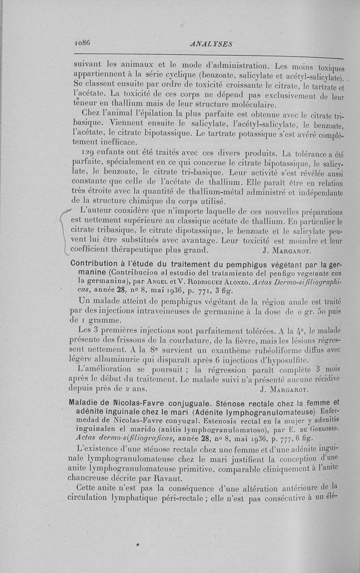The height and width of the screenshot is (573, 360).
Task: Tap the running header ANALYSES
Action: [x=211, y=44]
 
